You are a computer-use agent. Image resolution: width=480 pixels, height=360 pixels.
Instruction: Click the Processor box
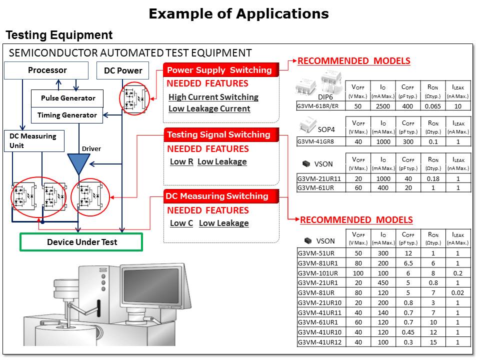click(46, 70)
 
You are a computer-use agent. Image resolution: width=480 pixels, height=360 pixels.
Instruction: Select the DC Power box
click(123, 70)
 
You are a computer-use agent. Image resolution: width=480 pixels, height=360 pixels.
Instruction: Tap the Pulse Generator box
click(67, 98)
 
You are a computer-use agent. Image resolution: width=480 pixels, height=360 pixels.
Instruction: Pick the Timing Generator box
click(67, 115)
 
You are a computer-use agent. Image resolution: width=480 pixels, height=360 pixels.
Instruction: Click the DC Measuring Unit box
click(34, 141)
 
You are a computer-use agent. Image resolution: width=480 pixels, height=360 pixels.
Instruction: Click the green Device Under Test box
click(81, 242)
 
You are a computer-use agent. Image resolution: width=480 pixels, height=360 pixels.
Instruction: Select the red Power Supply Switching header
click(219, 70)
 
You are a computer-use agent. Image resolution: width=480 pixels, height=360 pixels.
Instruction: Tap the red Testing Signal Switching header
click(218, 134)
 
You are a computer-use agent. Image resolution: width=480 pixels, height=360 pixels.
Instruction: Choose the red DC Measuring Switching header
click(216, 196)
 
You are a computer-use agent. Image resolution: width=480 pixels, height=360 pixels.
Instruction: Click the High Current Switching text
click(213, 97)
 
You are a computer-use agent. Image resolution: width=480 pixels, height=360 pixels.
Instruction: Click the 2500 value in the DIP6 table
click(383, 106)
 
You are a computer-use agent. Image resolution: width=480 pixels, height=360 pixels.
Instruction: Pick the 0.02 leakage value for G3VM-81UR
click(458, 292)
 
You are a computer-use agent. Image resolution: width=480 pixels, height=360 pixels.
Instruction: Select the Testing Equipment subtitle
click(59, 35)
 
